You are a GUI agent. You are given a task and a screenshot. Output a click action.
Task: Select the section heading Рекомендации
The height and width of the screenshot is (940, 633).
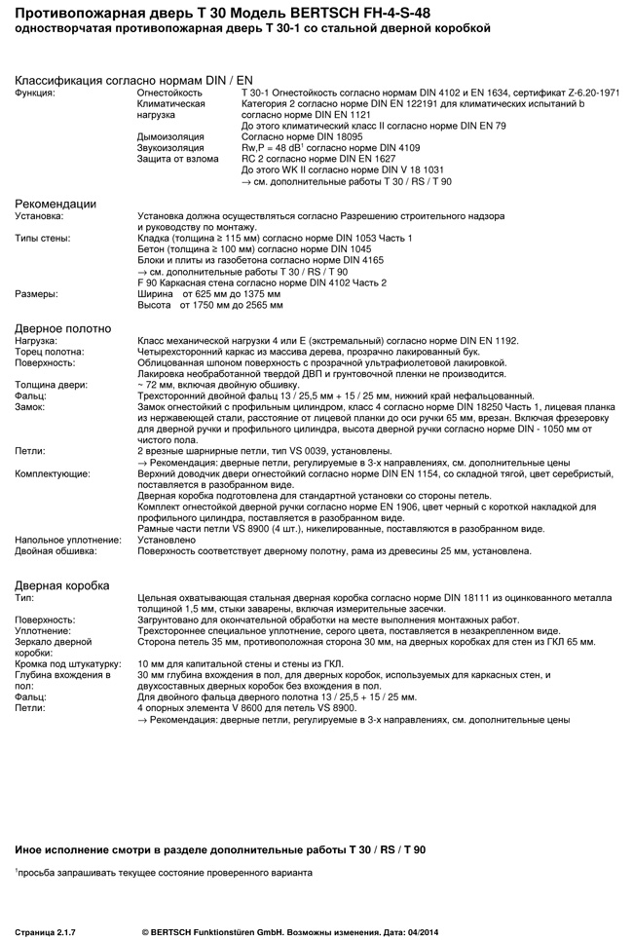pos(56,204)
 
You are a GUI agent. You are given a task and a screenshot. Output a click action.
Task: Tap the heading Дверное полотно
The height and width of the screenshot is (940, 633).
pos(62,328)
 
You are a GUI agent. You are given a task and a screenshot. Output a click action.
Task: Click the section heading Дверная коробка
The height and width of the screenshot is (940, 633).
pos(62,584)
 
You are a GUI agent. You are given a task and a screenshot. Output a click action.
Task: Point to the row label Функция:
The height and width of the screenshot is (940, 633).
pos(35,92)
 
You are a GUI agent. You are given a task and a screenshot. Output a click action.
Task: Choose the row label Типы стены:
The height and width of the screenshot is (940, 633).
pos(44,238)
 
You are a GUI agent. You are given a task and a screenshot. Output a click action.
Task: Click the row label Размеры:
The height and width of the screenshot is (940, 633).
pos(37,293)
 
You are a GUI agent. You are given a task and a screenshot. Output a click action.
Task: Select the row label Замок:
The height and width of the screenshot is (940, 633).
pos(31,406)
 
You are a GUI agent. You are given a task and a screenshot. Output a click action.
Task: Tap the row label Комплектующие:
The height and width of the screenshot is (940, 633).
pos(54,472)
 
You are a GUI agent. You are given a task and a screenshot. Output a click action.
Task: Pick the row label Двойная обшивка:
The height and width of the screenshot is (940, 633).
pos(56,550)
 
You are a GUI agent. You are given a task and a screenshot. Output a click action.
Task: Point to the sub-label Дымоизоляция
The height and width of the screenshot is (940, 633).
pos(170,136)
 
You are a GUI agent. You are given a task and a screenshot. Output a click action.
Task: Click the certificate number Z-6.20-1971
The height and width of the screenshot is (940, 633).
pos(587,92)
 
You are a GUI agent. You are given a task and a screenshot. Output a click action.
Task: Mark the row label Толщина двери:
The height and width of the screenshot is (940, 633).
pos(49,384)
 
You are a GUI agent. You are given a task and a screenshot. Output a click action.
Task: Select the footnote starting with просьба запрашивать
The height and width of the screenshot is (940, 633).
pos(165,872)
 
